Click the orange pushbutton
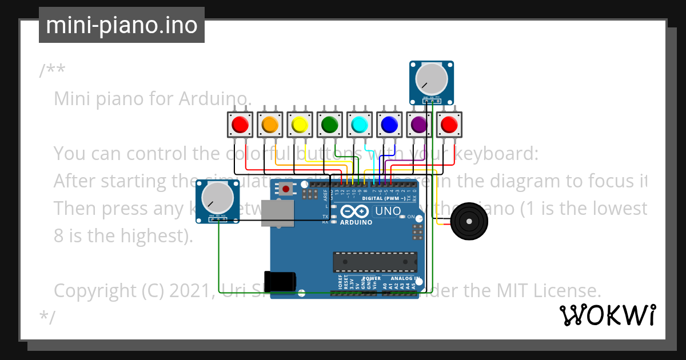click(x=270, y=124)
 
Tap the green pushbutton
click(x=330, y=124)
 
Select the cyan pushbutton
click(x=360, y=124)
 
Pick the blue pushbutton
click(x=389, y=124)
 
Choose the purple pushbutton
click(x=419, y=124)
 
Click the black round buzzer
click(x=469, y=221)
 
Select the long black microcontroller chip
click(x=375, y=261)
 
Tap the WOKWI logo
click(x=607, y=314)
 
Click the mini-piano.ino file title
click(x=121, y=25)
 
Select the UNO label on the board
click(x=388, y=211)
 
